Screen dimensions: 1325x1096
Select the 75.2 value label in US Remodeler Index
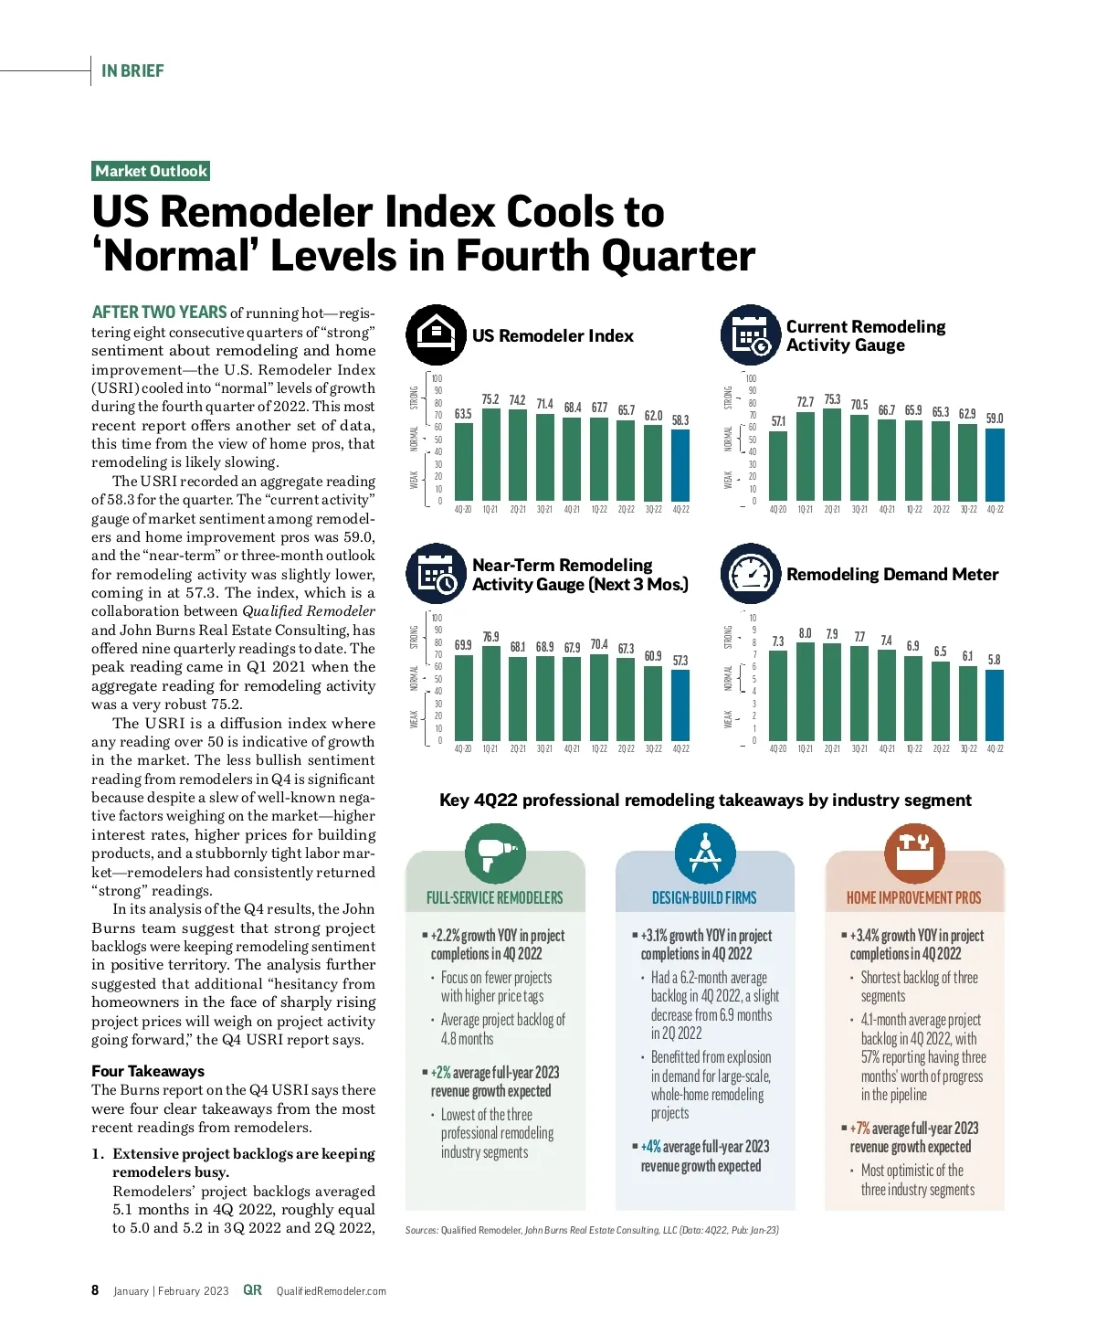(x=490, y=399)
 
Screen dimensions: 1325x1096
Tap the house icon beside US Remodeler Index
(x=436, y=334)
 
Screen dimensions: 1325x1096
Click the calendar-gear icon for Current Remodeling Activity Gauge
(x=751, y=334)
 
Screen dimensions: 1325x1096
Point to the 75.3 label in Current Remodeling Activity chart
(x=832, y=399)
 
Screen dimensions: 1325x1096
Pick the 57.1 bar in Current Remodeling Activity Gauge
(x=778, y=466)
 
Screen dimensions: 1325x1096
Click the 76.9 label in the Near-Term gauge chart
(x=490, y=637)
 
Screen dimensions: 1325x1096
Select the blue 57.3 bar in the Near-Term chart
(x=680, y=705)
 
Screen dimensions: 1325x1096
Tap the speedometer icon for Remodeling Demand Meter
(x=751, y=574)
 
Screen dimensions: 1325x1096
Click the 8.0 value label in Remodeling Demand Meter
(x=805, y=633)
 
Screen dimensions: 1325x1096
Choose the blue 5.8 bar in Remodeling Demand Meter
(x=995, y=705)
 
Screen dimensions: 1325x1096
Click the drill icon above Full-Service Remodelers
(x=495, y=853)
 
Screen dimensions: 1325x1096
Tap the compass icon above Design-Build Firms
(x=704, y=853)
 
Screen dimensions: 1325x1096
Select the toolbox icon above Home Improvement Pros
(x=914, y=852)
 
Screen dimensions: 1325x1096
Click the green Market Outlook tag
(x=152, y=171)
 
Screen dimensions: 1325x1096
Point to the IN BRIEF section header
(x=132, y=71)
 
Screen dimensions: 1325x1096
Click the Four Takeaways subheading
(x=148, y=1071)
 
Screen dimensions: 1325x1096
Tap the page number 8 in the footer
(x=95, y=1290)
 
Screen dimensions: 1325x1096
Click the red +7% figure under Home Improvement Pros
(x=859, y=1129)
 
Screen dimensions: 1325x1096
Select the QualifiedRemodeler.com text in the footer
(x=331, y=1291)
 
